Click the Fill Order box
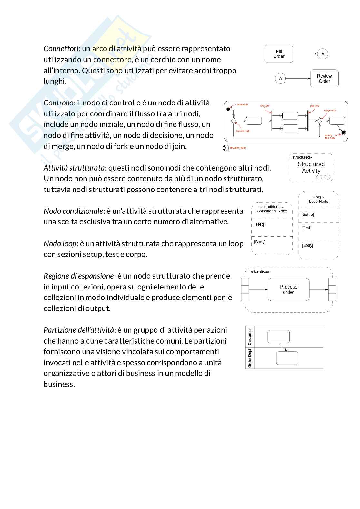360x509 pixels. click(279, 54)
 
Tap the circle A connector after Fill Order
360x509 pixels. click(323, 54)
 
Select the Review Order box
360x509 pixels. click(324, 78)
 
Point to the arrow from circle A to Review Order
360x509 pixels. click(298, 78)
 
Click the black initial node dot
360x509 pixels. click(228, 109)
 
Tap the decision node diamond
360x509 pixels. click(233, 121)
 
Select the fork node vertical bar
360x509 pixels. click(272, 121)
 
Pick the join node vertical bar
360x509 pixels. click(308, 121)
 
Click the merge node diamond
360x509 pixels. click(320, 121)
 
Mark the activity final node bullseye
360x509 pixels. click(343, 132)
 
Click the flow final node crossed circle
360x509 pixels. click(226, 148)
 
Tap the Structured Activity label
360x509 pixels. click(311, 167)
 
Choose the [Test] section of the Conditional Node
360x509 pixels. click(259, 224)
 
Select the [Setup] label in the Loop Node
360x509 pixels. click(307, 214)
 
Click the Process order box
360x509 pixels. click(288, 289)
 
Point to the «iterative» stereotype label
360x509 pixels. click(260, 272)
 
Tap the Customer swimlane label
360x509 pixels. click(250, 337)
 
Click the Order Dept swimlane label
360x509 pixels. click(250, 358)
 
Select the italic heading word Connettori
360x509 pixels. click(61, 49)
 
